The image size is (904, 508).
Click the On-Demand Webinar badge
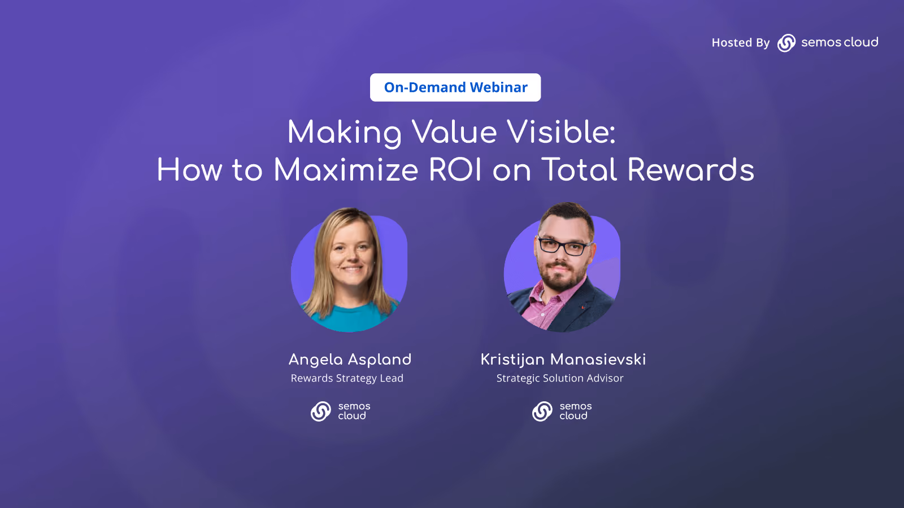click(x=455, y=87)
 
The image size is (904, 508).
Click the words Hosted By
click(x=741, y=43)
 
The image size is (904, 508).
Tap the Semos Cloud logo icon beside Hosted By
click(x=786, y=43)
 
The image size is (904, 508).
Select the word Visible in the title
click(x=561, y=132)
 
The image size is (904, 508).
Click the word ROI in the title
click(x=455, y=170)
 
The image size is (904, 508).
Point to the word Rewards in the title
click(x=690, y=170)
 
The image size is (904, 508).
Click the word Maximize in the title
click(x=346, y=170)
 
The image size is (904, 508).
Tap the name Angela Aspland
click(x=350, y=360)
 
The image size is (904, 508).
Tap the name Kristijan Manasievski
click(x=563, y=360)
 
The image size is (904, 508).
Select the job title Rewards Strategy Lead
click(x=347, y=378)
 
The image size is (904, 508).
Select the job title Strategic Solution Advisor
click(x=560, y=378)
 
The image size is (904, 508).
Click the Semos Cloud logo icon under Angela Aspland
click(x=321, y=411)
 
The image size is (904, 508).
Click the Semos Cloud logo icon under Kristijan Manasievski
click(x=542, y=411)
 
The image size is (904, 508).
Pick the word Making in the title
click(x=344, y=133)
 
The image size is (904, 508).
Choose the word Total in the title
click(x=579, y=170)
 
